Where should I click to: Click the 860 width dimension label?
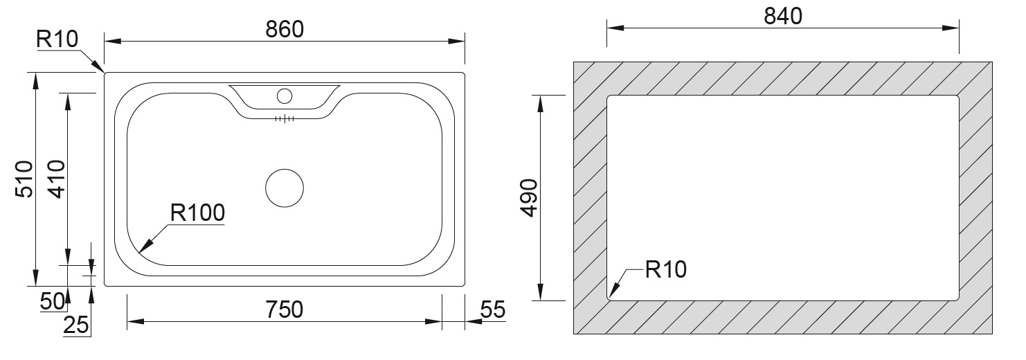pos(285,29)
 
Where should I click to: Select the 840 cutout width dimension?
pos(783,16)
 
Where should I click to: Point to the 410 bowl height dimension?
pos(57,179)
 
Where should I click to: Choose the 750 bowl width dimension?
pos(284,309)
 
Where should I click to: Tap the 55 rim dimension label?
pos(493,309)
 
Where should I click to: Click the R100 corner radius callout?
pos(197,213)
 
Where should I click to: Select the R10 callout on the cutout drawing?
pos(665,269)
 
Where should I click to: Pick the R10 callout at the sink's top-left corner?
pos(57,39)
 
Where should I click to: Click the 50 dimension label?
pos(52,301)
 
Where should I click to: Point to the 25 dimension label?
pos(76,325)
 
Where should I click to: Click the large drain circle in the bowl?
pos(285,188)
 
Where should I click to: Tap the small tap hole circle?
pos(285,96)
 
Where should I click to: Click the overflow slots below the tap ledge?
pos(285,119)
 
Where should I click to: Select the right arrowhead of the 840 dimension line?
pos(951,28)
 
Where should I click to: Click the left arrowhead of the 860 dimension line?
pos(113,42)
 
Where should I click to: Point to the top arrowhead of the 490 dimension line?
pos(541,104)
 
